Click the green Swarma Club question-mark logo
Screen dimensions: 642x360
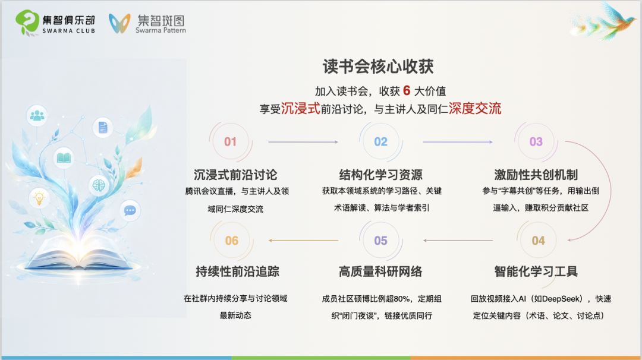pos(27,23)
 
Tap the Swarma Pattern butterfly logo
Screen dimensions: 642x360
pos(119,23)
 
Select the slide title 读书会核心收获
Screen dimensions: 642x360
pos(378,67)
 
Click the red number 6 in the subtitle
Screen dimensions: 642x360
pos(407,90)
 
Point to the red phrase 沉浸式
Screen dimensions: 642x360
pos(300,108)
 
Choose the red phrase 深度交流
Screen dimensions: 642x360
pos(475,108)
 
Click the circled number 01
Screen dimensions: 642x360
pos(230,141)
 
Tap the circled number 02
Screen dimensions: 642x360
pos(381,141)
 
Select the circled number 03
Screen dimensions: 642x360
pos(536,141)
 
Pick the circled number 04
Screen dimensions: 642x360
pos(538,241)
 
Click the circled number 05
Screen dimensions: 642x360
pos(381,241)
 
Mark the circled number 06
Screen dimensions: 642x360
pos(232,241)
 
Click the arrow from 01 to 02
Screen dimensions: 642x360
pos(303,142)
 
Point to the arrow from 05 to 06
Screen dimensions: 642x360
pos(303,241)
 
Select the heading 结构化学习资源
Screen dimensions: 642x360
pos(381,175)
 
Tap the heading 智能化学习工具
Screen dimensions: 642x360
pos(536,271)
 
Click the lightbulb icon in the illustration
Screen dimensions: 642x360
pos(39,198)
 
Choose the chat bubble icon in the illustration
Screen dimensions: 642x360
pos(130,211)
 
